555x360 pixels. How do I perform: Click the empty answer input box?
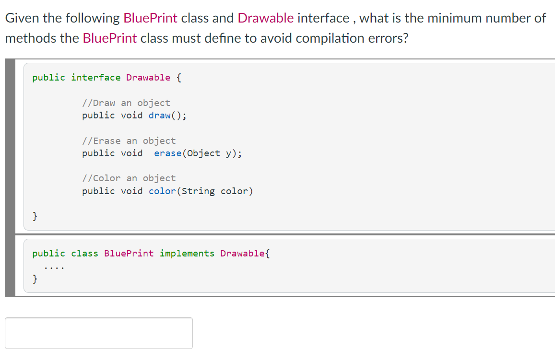coord(99,333)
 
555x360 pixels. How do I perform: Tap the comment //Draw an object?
coord(126,103)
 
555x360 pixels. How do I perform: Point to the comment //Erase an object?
coord(129,141)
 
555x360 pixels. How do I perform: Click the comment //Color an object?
coord(129,178)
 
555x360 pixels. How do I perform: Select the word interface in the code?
coord(96,78)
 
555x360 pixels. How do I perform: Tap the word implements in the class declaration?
coord(187,254)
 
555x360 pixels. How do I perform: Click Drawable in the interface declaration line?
coord(148,78)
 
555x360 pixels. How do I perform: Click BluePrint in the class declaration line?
coord(129,254)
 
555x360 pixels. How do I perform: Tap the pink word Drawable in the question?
coord(266,18)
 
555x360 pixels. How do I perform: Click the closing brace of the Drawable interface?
coord(35,216)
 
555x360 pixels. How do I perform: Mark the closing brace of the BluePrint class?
coord(35,279)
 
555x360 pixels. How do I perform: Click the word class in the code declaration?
coord(84,254)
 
